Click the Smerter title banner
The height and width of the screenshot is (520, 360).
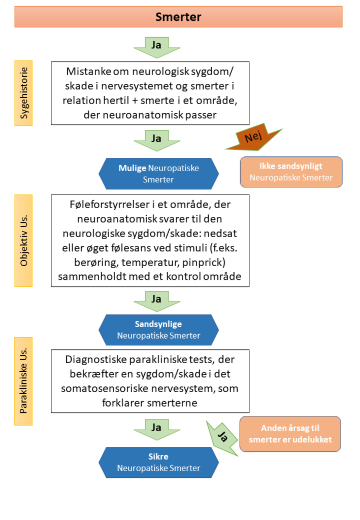(x=178, y=17)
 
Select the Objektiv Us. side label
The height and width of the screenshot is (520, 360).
(x=23, y=240)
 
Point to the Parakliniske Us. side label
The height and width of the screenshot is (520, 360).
(x=23, y=381)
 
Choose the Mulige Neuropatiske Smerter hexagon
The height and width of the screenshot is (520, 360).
(x=158, y=173)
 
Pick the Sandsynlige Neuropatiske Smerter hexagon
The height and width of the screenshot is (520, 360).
(x=158, y=330)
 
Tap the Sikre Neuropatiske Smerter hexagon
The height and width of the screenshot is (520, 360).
(x=158, y=462)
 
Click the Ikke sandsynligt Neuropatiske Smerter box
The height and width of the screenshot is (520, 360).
(x=291, y=172)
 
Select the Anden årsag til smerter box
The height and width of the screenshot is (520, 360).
(x=290, y=434)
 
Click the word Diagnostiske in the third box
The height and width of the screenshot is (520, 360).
(x=97, y=360)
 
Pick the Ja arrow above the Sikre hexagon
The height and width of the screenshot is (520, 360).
(x=157, y=429)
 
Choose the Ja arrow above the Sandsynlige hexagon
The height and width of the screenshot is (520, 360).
(x=157, y=301)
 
